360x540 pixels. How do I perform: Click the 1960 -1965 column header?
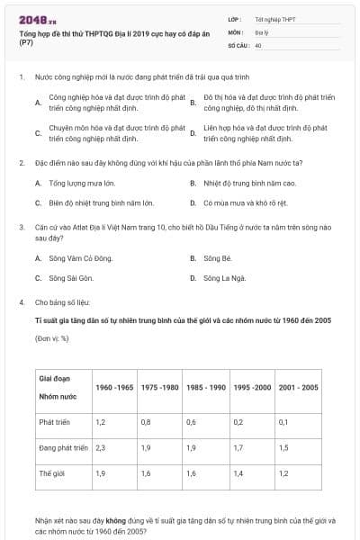[114, 387]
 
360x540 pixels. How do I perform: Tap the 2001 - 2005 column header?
[298, 387]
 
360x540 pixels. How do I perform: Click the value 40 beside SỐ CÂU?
[258, 44]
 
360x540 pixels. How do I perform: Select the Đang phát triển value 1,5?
[283, 446]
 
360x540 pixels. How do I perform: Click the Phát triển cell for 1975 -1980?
[146, 421]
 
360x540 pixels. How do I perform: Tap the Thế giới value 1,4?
[238, 472]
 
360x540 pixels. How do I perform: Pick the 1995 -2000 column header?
[252, 387]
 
